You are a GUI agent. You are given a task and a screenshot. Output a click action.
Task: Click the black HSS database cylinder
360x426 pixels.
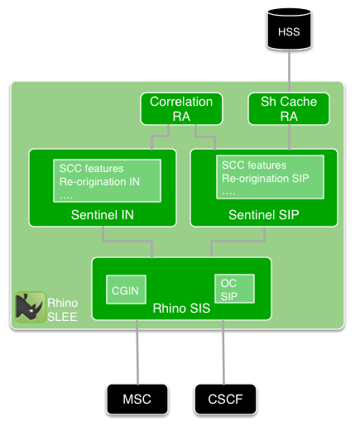tap(289, 31)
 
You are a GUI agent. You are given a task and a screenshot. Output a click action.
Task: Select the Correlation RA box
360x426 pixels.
tap(181, 109)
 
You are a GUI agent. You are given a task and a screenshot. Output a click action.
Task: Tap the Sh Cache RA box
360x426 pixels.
tap(289, 109)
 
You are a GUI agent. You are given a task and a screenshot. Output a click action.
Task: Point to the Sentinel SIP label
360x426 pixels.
tap(264, 215)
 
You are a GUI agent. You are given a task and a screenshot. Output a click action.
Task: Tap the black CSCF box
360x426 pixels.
tap(224, 400)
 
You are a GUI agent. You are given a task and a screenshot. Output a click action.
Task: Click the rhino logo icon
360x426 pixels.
tap(31, 307)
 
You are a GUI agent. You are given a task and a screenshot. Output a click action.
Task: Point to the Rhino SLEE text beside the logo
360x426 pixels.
tap(62, 308)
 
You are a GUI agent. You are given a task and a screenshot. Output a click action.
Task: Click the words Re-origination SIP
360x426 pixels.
tap(266, 179)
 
